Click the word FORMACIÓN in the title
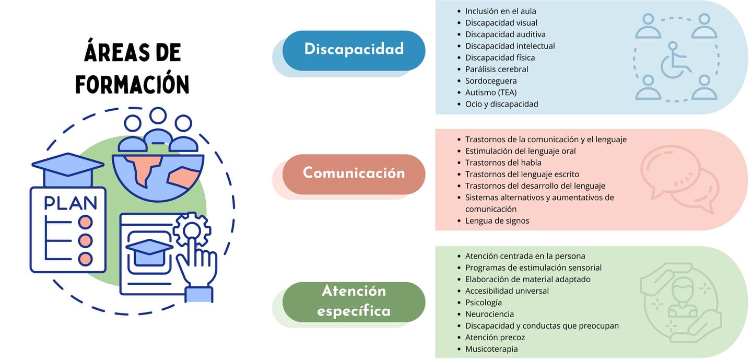pyautogui.click(x=132, y=84)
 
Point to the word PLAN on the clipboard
pyautogui.click(x=70, y=203)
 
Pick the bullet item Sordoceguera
pyautogui.click(x=491, y=81)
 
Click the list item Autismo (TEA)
pyautogui.click(x=491, y=92)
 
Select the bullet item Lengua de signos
pyautogui.click(x=497, y=220)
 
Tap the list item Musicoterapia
pyautogui.click(x=491, y=349)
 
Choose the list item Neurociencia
pyautogui.click(x=489, y=314)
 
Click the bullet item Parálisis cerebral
pyautogui.click(x=497, y=69)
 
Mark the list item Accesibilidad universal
pyautogui.click(x=507, y=291)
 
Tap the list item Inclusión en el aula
pyautogui.click(x=500, y=11)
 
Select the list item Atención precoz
pyautogui.click(x=495, y=338)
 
